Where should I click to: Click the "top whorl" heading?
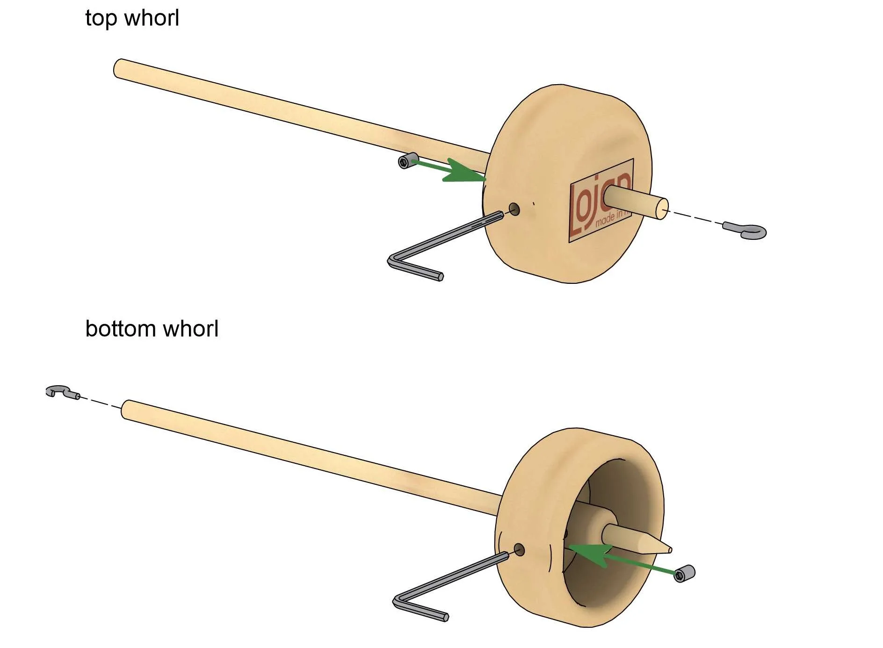pos(132,19)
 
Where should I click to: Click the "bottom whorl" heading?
pos(152,329)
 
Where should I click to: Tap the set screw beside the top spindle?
pos(406,161)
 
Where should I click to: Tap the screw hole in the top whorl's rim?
pos(514,209)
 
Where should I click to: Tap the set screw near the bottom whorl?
pos(684,573)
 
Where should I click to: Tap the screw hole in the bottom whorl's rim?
pos(519,549)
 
